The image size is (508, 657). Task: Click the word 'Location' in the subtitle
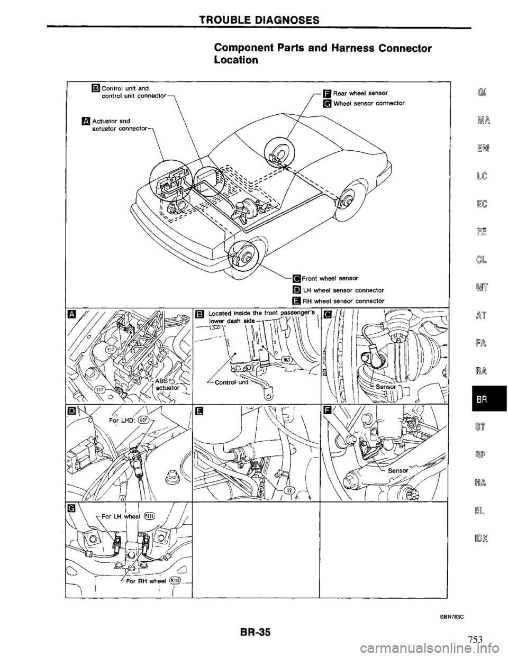[x=236, y=60]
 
